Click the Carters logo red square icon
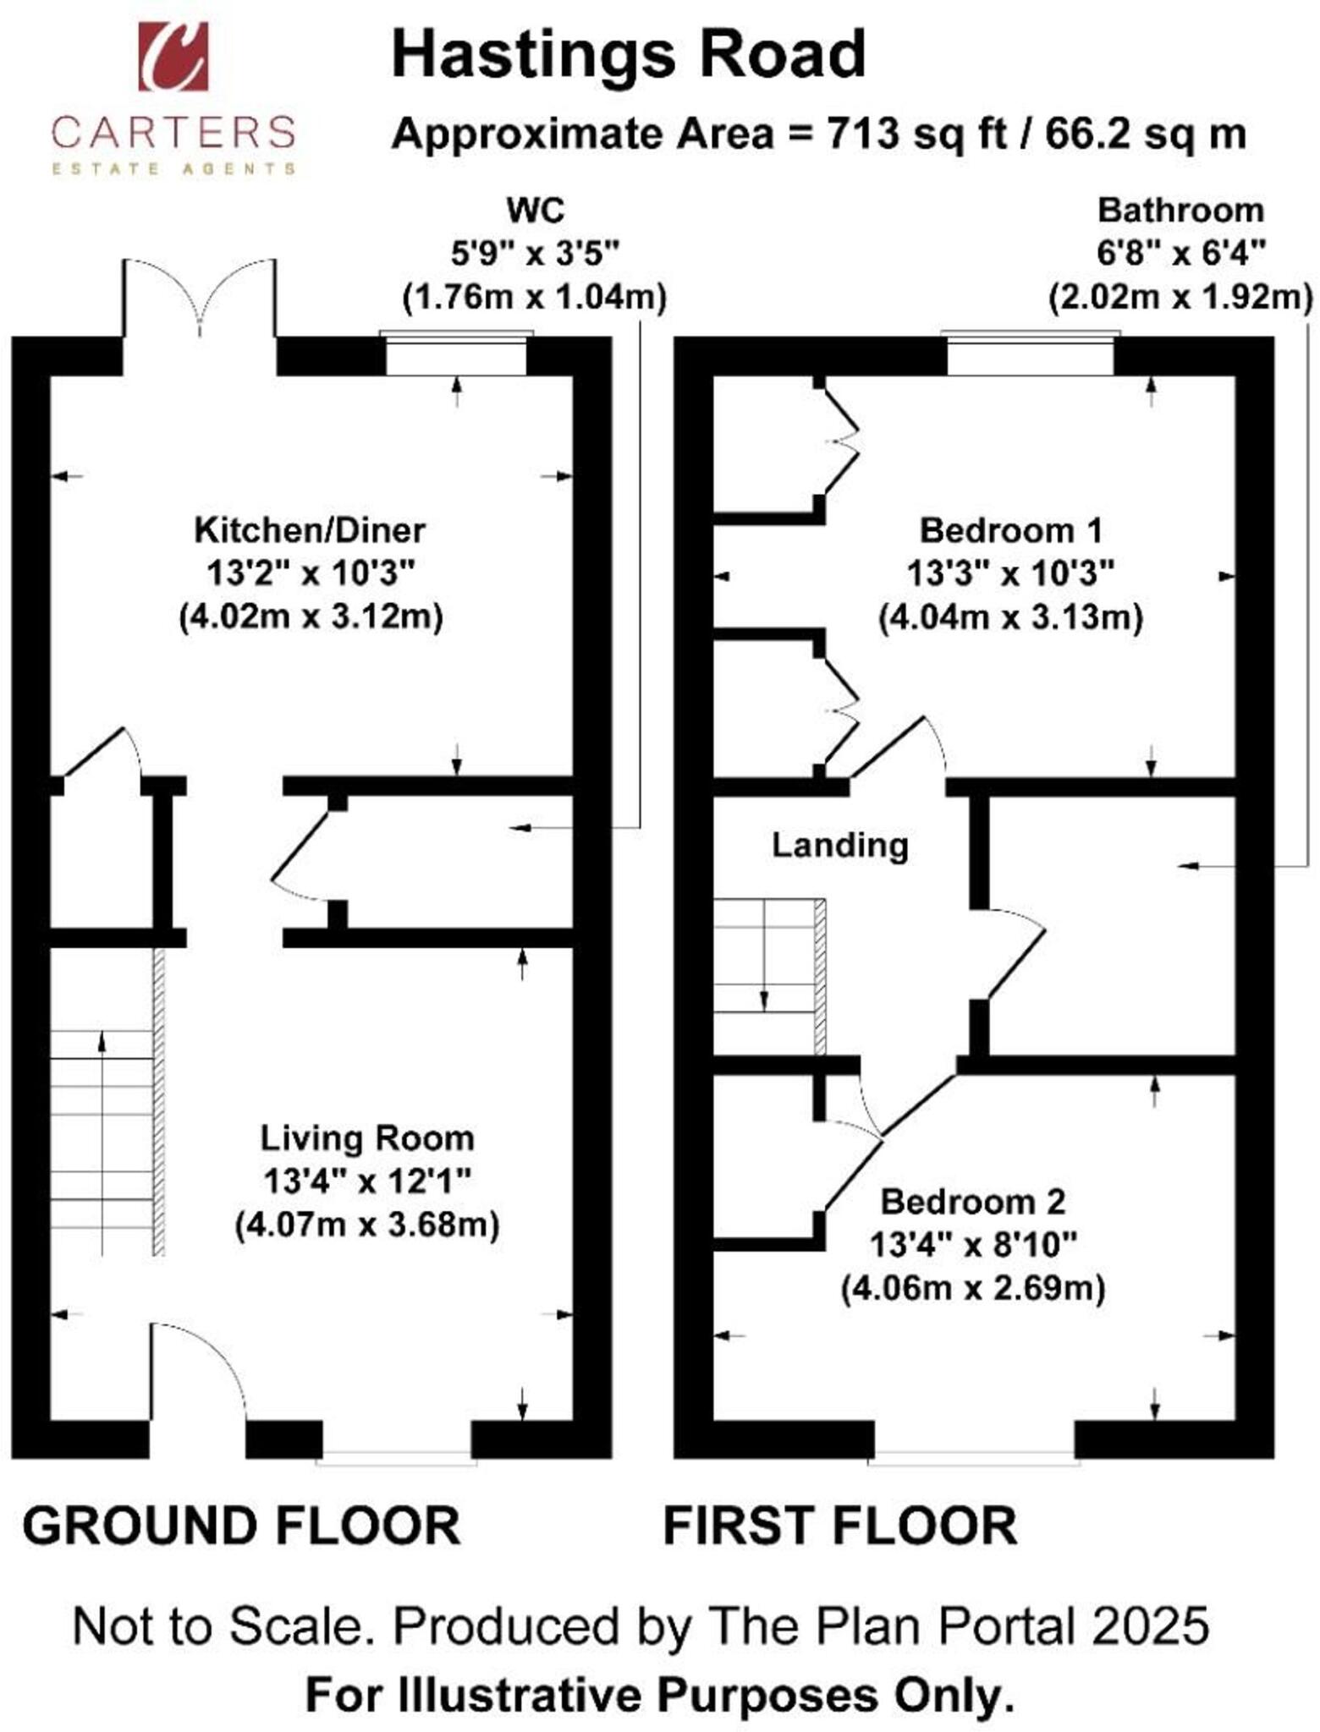coord(173,56)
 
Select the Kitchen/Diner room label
coord(310,530)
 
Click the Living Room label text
coord(366,1137)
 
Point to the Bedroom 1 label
coord(1010,530)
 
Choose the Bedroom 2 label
coord(973,1202)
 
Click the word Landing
coord(839,845)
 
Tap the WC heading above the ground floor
coord(535,210)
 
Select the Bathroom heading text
coord(1180,210)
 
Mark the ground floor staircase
coord(102,1142)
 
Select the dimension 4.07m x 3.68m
coord(366,1225)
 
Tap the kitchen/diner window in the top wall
coord(457,355)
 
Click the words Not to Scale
coord(223,1625)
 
